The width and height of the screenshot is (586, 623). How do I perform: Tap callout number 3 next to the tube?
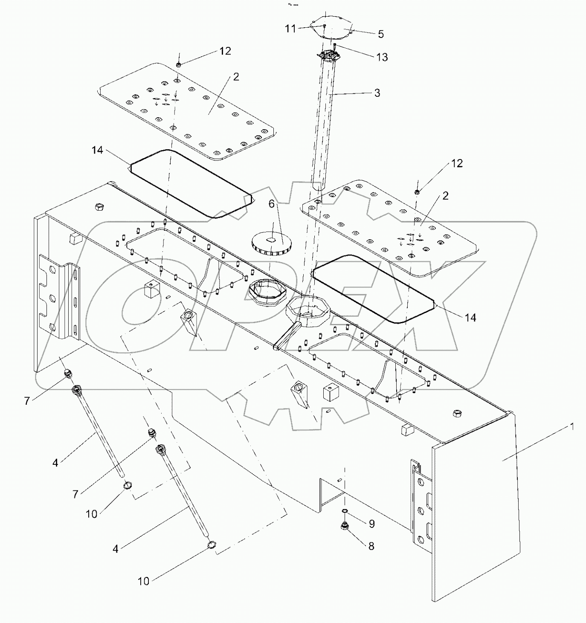(x=377, y=93)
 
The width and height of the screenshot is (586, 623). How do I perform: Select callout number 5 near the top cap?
(x=381, y=34)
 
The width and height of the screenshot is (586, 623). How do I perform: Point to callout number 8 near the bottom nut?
(x=371, y=546)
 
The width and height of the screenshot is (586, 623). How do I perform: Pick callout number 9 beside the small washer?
(x=371, y=524)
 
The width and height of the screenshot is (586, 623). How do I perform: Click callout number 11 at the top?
(x=290, y=29)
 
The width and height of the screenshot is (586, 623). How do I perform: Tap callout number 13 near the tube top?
(x=382, y=57)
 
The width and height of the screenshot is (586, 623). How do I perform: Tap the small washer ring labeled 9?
(x=345, y=511)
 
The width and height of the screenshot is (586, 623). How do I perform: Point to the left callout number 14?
(x=98, y=150)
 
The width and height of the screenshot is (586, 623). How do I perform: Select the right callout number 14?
(x=470, y=318)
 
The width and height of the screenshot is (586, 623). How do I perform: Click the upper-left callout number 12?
(x=225, y=51)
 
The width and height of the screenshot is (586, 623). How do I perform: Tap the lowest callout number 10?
(x=144, y=581)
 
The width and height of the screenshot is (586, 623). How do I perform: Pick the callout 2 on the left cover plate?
(x=236, y=77)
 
